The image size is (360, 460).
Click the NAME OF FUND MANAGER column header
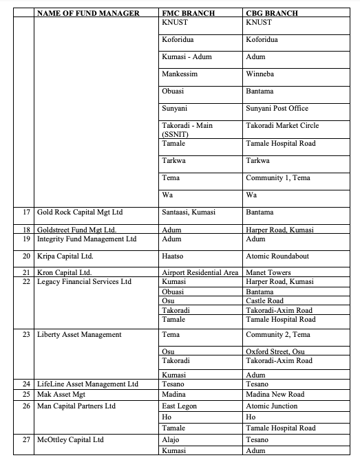(87, 13)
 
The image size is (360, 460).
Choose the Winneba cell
(260, 74)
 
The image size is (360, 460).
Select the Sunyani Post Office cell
(277, 108)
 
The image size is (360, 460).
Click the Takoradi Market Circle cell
(282, 126)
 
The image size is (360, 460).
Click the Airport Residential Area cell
(200, 273)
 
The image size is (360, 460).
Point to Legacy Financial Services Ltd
(84, 282)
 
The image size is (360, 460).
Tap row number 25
(25, 395)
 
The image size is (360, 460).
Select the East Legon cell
(180, 406)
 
